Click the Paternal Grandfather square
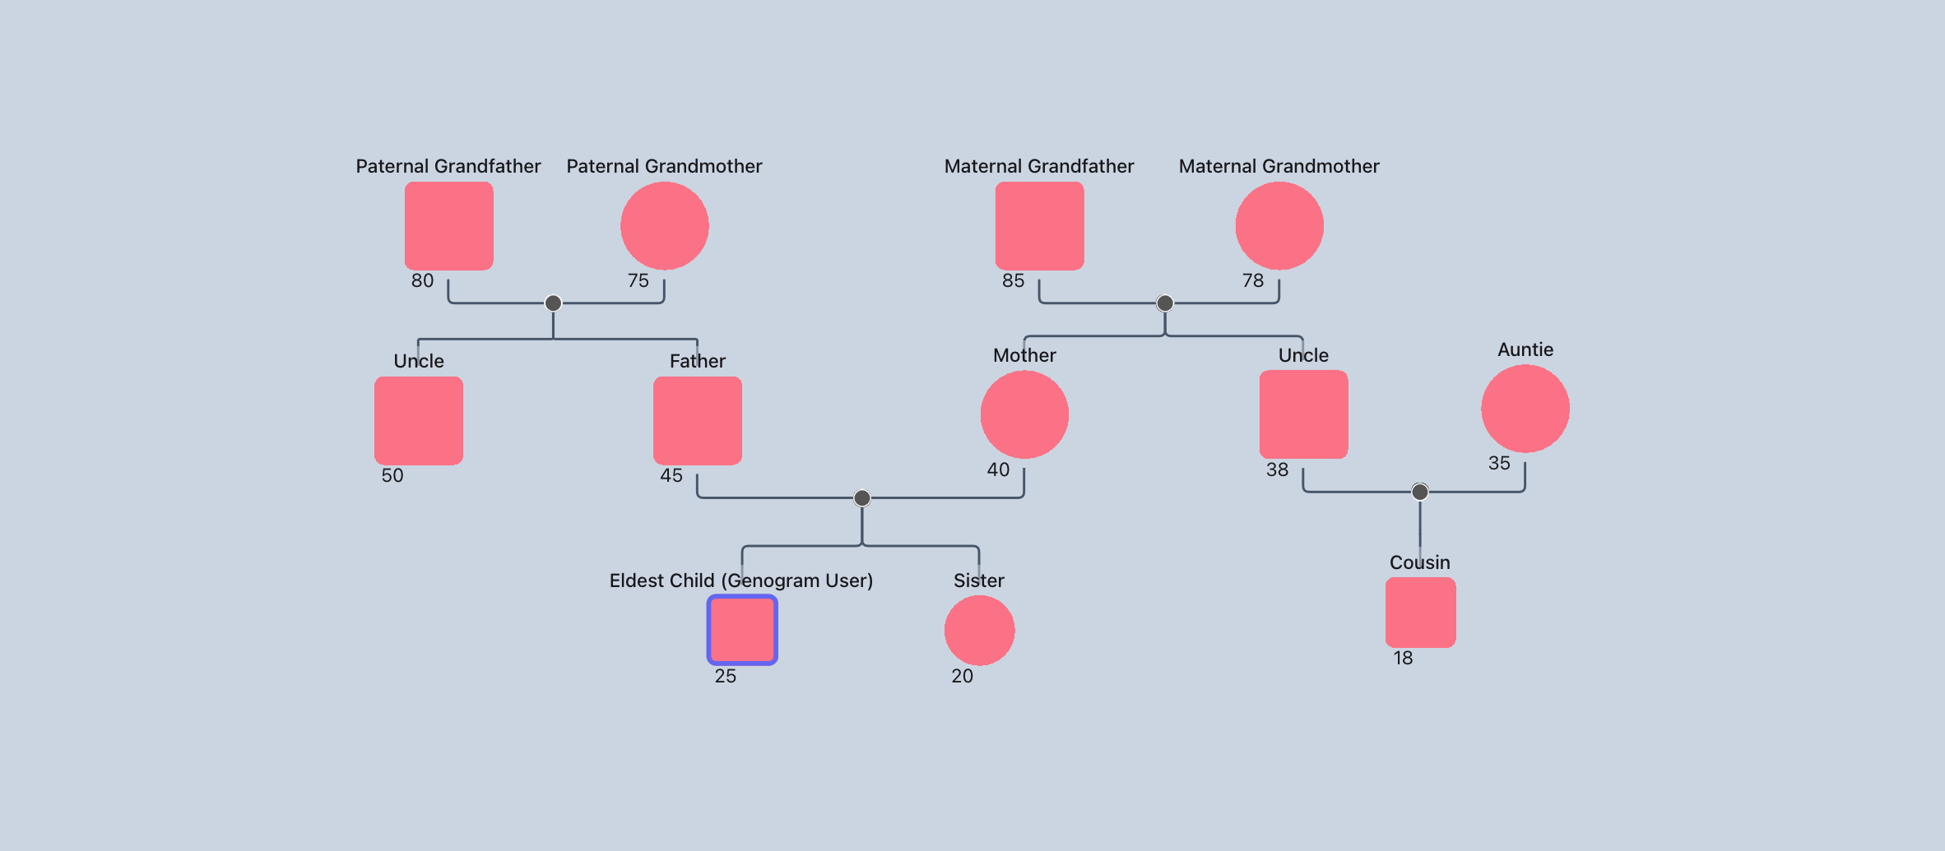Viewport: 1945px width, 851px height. [x=448, y=226]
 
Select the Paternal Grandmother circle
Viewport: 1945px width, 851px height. [x=664, y=226]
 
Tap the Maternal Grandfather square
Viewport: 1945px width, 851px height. [x=1039, y=226]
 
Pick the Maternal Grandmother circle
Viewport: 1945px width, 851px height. [x=1279, y=226]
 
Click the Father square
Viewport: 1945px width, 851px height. [x=697, y=420]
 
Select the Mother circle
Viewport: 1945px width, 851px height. [x=1024, y=414]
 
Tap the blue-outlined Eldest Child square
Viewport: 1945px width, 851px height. [x=742, y=630]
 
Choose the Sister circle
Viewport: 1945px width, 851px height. [x=979, y=630]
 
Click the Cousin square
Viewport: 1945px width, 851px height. [x=1420, y=613]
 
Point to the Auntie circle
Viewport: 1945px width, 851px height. [x=1525, y=409]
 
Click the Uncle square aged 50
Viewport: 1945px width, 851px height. [x=419, y=420]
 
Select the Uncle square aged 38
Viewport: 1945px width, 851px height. [x=1303, y=414]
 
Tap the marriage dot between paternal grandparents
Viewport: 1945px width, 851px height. [x=554, y=303]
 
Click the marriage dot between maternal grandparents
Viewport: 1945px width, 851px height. [x=1165, y=303]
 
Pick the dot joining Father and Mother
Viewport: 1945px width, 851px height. [x=862, y=497]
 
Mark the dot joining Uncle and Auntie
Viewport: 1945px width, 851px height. [x=1420, y=492]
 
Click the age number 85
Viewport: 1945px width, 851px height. [x=1013, y=281]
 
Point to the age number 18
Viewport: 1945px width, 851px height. [x=1403, y=659]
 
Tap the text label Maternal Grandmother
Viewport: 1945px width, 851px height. [x=1279, y=166]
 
